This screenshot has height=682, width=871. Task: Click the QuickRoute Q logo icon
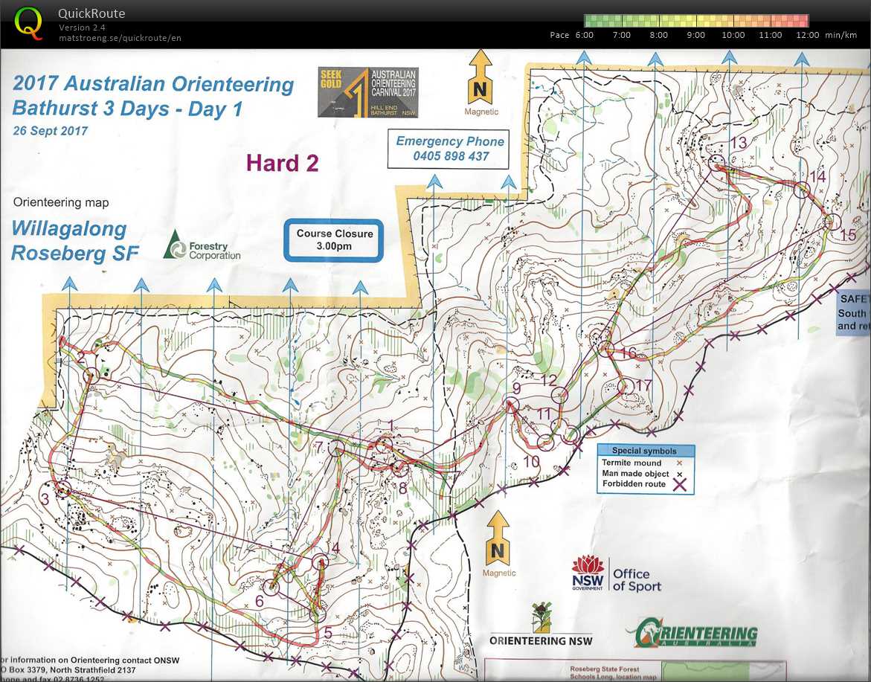[x=29, y=22]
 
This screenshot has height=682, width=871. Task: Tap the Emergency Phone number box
[x=450, y=149]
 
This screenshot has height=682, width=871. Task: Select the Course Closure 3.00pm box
[x=334, y=239]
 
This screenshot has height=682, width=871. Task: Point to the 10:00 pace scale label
[x=733, y=35]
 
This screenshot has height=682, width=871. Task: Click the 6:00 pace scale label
[x=584, y=35]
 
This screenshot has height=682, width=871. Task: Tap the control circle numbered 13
[x=717, y=161]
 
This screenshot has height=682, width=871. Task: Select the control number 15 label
[x=847, y=235]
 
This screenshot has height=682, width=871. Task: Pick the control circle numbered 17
[x=625, y=386]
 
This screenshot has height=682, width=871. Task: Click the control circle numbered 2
[x=91, y=376]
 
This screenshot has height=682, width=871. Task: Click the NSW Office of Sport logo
[x=616, y=575]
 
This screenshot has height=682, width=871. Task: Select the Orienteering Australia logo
[x=692, y=634]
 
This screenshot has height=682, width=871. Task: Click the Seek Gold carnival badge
[x=367, y=92]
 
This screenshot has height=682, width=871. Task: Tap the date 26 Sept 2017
[x=50, y=131]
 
